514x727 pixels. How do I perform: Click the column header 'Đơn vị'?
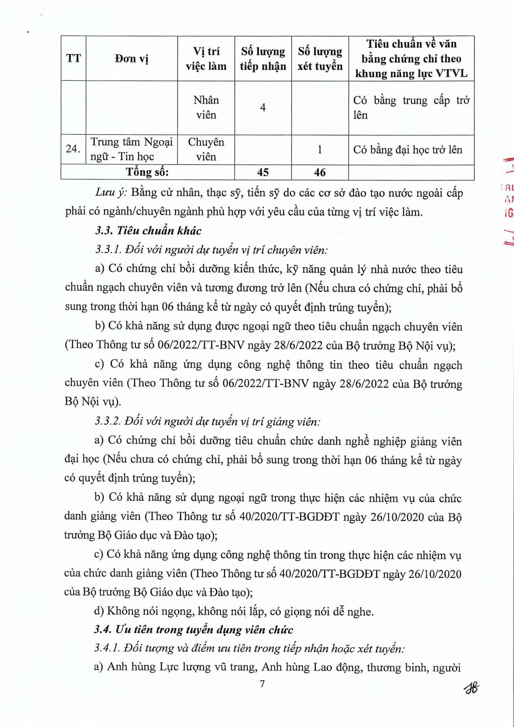[x=131, y=59]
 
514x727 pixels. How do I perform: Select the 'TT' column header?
[x=73, y=59]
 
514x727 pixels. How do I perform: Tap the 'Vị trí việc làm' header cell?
[x=206, y=59]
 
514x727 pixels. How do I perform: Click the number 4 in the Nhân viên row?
[x=263, y=108]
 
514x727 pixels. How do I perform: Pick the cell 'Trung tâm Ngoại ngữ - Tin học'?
[x=131, y=149]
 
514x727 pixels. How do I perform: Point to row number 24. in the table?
[x=73, y=149]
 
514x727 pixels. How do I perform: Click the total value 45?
[x=263, y=172]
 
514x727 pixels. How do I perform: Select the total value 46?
[x=320, y=172]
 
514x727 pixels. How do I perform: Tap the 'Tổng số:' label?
[x=147, y=172]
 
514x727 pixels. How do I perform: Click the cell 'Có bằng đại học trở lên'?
[x=408, y=150]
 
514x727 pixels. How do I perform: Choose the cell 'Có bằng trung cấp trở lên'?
[x=411, y=108]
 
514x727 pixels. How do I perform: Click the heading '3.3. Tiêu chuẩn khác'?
[x=148, y=231]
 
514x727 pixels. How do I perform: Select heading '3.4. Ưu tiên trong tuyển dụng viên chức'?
[x=194, y=629]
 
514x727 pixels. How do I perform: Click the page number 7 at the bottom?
[x=262, y=684]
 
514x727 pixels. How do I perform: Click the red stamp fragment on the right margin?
[x=508, y=201]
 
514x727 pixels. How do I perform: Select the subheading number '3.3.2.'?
[x=108, y=422]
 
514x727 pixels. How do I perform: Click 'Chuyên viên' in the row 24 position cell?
[x=206, y=149]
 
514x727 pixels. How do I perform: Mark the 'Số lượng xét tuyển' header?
[x=320, y=59]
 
